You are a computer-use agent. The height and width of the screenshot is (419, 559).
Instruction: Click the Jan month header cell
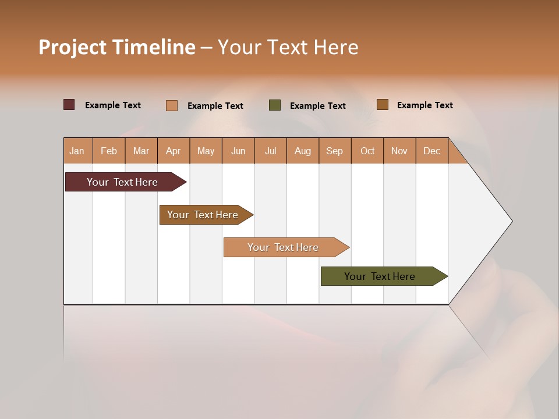coord(77,151)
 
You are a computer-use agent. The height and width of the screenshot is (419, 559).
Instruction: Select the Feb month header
coord(109,151)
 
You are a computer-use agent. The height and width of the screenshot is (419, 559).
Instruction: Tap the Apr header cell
coord(174,151)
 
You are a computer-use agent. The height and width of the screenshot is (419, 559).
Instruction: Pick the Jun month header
coord(238,151)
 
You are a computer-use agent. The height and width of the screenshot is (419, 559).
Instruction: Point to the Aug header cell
coord(303,151)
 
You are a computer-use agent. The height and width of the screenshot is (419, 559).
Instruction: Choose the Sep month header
coord(335,151)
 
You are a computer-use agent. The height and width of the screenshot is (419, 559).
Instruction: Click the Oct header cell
coord(367,151)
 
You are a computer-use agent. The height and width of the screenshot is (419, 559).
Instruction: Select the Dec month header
coord(432,151)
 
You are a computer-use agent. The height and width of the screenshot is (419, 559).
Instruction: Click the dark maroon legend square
coord(69,105)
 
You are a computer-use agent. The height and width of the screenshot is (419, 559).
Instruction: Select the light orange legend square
coord(172,105)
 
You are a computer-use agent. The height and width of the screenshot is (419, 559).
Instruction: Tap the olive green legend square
coord(275,105)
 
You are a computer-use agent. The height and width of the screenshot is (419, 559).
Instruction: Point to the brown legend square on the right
coord(383,105)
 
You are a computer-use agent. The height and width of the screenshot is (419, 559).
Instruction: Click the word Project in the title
coord(72,47)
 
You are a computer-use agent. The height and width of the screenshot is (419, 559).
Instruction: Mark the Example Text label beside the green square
coord(318,106)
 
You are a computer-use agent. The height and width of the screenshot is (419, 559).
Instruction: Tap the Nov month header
coord(399,151)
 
